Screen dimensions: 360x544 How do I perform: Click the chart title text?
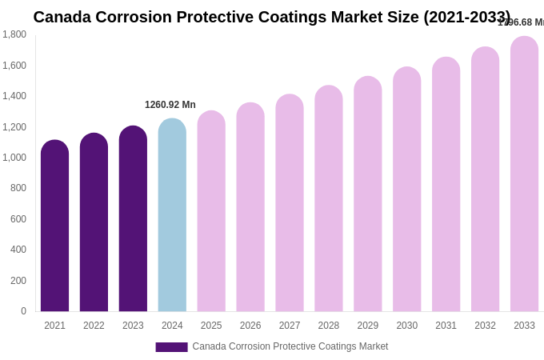point(271,17)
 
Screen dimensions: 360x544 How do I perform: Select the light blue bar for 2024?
point(172,216)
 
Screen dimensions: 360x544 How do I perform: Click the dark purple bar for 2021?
point(54,226)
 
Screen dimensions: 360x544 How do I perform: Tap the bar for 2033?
point(524,174)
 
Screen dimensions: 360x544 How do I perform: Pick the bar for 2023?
point(133,219)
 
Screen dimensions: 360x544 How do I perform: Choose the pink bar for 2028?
point(328,199)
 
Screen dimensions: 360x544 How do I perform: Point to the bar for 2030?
point(406,190)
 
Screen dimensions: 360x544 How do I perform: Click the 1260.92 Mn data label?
point(170,105)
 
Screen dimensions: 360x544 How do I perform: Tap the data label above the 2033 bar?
point(521,22)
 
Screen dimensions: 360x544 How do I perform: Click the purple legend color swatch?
point(171,347)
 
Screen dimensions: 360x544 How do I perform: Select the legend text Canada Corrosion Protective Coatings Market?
point(290,346)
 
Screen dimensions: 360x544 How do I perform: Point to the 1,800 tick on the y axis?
point(14,34)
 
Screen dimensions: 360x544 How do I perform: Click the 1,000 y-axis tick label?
point(14,158)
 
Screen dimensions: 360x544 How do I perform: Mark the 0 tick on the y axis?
point(23,311)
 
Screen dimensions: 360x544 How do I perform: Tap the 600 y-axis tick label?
point(18,219)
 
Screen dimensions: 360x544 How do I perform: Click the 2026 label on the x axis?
point(250,326)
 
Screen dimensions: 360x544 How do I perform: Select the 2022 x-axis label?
point(94,326)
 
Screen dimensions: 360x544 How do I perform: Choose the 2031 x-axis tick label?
point(446,326)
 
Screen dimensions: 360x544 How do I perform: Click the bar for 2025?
point(211,212)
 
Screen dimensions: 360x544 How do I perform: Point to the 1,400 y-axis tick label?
point(14,96)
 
